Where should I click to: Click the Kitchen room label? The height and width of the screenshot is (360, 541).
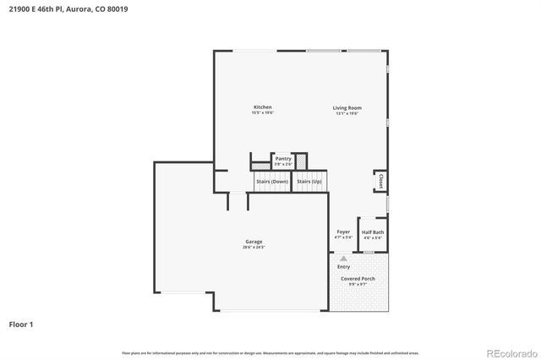[x=262, y=107]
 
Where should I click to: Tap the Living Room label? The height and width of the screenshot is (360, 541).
[x=347, y=107]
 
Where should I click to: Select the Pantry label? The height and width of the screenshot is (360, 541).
[x=282, y=158]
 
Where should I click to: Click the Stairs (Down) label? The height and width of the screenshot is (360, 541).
[x=271, y=182]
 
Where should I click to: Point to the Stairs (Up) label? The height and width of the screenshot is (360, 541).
[x=309, y=182]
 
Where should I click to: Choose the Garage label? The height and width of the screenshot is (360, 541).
[x=254, y=241]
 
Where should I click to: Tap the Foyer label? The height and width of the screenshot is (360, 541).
[x=343, y=232]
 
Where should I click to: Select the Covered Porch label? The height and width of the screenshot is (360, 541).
[x=358, y=278]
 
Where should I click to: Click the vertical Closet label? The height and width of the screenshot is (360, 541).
[x=381, y=182]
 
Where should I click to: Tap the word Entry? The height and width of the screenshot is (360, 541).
[x=343, y=266]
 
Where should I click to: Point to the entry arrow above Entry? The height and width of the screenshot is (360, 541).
[x=343, y=258]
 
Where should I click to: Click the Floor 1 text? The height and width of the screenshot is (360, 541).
[x=22, y=324]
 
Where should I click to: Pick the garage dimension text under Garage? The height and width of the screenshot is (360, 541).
[x=254, y=248]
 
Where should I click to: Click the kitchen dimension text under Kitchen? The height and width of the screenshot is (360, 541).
[x=262, y=113]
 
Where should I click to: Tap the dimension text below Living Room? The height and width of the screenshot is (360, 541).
[x=347, y=113]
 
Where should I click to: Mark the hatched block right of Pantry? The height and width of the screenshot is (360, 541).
[x=300, y=161]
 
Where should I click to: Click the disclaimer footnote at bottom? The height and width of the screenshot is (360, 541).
[x=270, y=352]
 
